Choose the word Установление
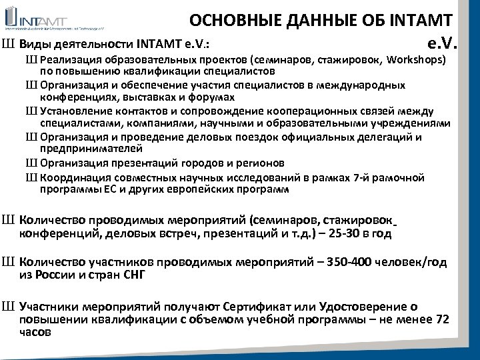[75, 111]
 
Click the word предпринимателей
[91, 149]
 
